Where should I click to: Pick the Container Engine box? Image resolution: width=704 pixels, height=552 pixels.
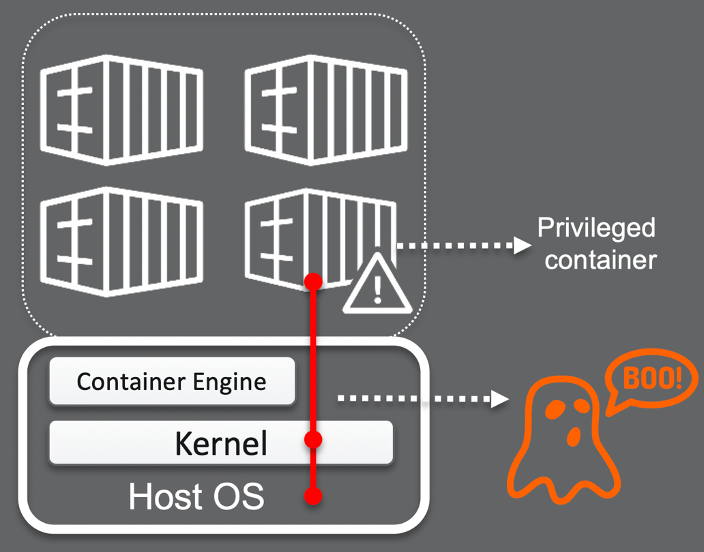(x=172, y=381)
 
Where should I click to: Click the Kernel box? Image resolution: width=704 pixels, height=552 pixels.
(x=221, y=442)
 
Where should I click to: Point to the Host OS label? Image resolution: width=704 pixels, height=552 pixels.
(x=196, y=497)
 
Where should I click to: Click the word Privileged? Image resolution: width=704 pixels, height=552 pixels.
(x=596, y=228)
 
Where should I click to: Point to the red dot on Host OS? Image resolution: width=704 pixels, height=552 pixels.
(x=313, y=495)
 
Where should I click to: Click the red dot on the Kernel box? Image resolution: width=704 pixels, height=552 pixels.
(x=313, y=440)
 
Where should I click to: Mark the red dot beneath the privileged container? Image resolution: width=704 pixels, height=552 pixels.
(x=313, y=282)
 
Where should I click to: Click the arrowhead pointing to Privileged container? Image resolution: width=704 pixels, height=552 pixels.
(x=520, y=245)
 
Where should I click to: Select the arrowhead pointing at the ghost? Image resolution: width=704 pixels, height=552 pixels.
(x=497, y=400)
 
